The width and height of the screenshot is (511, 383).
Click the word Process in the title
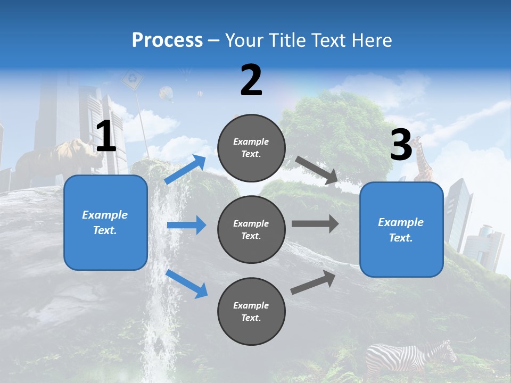coord(167,40)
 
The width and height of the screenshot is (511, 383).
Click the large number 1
coord(106,137)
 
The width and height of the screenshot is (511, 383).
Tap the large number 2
coord(251,81)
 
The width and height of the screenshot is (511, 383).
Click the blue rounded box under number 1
coord(105,222)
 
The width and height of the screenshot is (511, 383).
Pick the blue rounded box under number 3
coord(401,230)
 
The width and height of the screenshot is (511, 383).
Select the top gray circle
coord(251,148)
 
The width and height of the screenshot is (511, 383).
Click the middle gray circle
coord(251,229)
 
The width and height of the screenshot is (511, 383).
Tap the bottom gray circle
coord(251,311)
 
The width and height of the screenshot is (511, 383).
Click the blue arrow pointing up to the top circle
coord(186,169)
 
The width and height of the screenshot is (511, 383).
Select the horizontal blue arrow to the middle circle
coord(186,225)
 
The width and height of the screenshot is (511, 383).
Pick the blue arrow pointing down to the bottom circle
coord(187,284)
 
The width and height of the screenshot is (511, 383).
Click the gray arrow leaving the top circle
coord(317,170)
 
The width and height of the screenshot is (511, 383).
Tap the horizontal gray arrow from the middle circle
coord(315,223)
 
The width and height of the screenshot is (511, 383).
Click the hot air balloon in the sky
coord(167,94)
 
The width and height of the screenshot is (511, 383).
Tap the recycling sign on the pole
coord(132,80)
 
